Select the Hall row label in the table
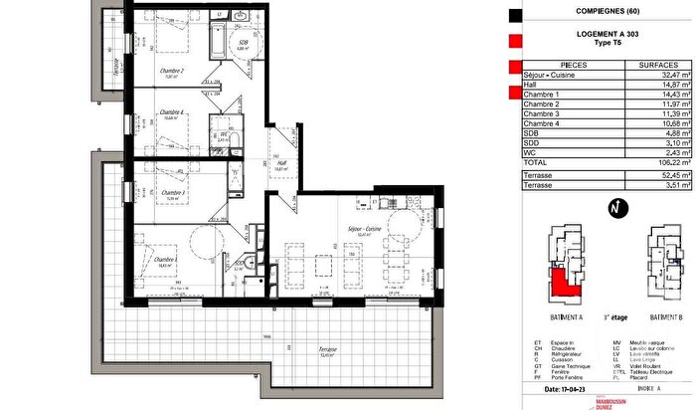pyautogui.click(x=532, y=85)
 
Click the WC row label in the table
pyautogui.click(x=532, y=150)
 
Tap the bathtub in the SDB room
pyautogui.click(x=215, y=41)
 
